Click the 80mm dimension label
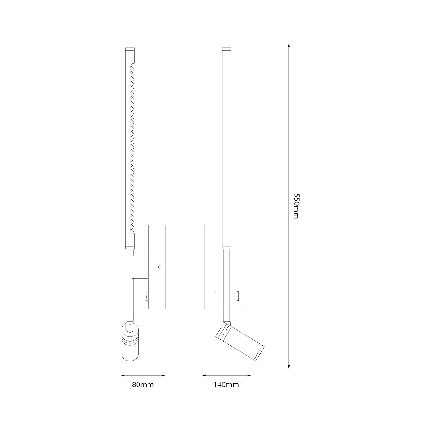pos(143,385)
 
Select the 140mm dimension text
pos(226,385)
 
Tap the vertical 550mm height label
pos(296,206)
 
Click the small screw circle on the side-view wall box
pos(159,267)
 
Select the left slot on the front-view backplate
pos(215,296)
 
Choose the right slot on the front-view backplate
pos(237,296)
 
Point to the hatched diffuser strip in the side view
pos(132,148)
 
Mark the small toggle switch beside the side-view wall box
pos(147,297)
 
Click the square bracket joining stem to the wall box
pos(140,267)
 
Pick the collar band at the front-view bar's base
pos(227,247)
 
